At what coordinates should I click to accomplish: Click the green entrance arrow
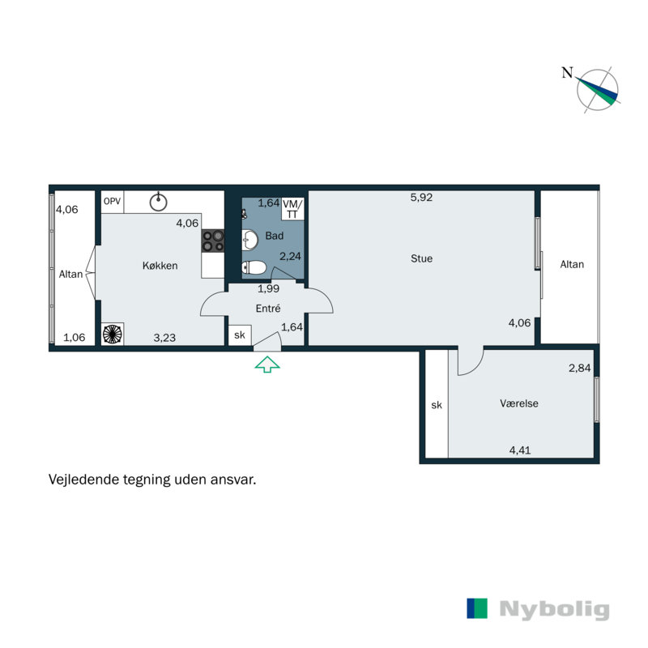pyautogui.click(x=267, y=365)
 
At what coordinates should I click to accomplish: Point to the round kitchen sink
pyautogui.click(x=160, y=201)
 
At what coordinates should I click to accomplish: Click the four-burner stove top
pyautogui.click(x=213, y=241)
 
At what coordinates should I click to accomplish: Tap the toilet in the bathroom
pyautogui.click(x=254, y=266)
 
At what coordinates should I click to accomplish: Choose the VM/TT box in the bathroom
pyautogui.click(x=292, y=207)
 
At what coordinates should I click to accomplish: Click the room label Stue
pyautogui.click(x=421, y=259)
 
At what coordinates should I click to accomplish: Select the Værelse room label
pyautogui.click(x=519, y=403)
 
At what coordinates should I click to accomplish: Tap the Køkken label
pyautogui.click(x=160, y=266)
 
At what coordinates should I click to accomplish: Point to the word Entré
pyautogui.click(x=267, y=309)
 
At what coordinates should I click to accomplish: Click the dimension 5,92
pyautogui.click(x=421, y=197)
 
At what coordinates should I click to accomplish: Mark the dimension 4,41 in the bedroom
pyautogui.click(x=520, y=450)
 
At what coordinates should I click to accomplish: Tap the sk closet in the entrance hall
pyautogui.click(x=239, y=335)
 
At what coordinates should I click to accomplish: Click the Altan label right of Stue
pyautogui.click(x=572, y=264)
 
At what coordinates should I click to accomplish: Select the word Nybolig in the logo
pyautogui.click(x=554, y=609)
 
